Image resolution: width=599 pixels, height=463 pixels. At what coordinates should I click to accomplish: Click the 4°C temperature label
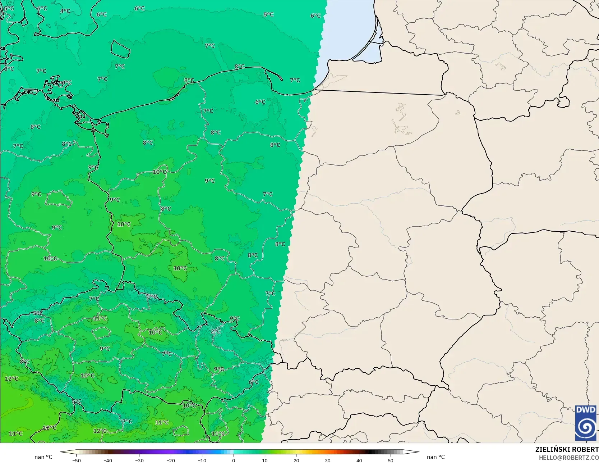65,11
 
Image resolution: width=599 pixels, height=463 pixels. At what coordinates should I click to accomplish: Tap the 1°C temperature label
152,297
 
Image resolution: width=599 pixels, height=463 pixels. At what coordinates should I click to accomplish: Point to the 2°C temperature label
216,331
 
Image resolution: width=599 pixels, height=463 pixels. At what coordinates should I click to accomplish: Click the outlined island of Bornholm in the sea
120,49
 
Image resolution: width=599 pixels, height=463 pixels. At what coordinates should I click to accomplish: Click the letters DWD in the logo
586,410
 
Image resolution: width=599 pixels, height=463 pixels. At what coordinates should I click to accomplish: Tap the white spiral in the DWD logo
586,427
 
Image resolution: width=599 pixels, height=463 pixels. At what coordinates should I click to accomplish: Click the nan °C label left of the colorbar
43,457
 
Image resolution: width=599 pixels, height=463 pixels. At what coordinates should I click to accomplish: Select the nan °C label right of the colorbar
436,457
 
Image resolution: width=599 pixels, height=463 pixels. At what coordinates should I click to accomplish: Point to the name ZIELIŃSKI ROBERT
567,449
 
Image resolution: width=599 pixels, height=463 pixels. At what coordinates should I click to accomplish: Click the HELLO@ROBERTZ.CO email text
568,458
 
